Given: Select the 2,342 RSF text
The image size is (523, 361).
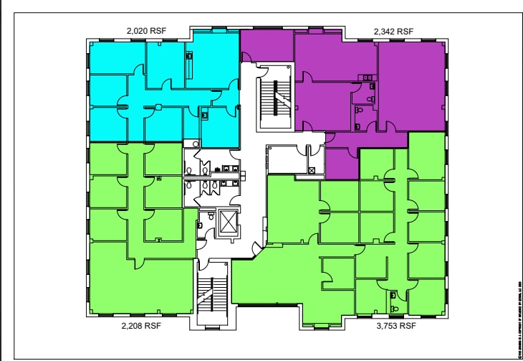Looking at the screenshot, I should [x=393, y=32].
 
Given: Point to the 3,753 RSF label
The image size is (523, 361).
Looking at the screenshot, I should [x=396, y=324].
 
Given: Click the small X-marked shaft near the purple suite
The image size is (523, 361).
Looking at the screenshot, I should [x=312, y=170].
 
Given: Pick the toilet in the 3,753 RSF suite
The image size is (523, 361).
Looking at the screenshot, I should [x=394, y=296].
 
